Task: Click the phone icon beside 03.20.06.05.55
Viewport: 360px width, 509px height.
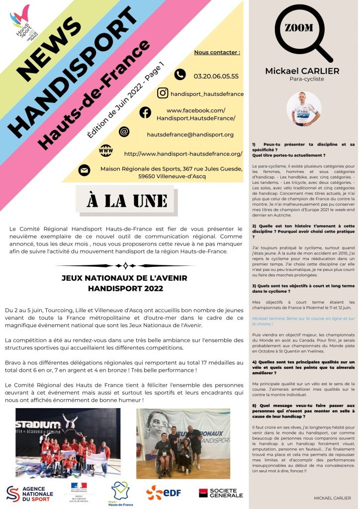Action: point(180,75)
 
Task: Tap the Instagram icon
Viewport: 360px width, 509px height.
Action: point(163,93)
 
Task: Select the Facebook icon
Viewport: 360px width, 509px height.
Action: point(145,112)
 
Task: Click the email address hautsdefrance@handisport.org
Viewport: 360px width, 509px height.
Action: point(190,134)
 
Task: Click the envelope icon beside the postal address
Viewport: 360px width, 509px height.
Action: point(85,170)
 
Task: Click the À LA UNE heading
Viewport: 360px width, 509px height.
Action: point(126,200)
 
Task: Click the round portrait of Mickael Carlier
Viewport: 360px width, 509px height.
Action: point(303,108)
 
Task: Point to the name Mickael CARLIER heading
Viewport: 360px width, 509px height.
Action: point(302,71)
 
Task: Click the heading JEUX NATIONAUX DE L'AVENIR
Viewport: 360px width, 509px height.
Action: point(125,278)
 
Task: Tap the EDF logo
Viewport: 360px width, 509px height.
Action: point(163,492)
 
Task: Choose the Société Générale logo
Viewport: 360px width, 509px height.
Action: point(221,493)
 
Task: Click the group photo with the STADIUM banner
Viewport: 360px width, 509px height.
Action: point(68,442)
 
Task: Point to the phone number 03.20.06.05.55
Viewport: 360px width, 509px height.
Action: point(216,76)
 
